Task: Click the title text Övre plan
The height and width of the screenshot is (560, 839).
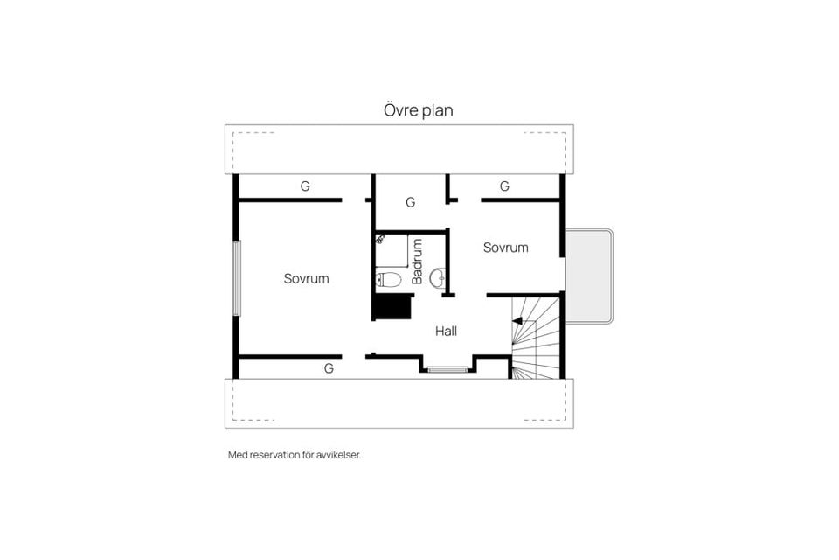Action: [x=418, y=111]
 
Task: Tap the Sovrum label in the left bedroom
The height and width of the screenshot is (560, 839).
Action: [x=306, y=279]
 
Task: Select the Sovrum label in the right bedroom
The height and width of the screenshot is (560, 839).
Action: [x=505, y=248]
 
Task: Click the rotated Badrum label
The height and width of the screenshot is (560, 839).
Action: [x=417, y=262]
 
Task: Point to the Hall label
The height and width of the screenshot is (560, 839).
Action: [x=446, y=332]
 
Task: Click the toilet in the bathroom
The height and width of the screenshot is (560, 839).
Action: [x=388, y=280]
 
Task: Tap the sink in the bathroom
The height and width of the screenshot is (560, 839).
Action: [x=438, y=279]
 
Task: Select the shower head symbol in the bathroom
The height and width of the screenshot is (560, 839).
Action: [x=380, y=239]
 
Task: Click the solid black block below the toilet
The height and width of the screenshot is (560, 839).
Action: [x=392, y=307]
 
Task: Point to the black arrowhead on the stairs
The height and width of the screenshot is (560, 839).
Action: [x=517, y=321]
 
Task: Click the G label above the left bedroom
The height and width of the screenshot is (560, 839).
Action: [x=305, y=186]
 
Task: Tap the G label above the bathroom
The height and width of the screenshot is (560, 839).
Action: [x=410, y=202]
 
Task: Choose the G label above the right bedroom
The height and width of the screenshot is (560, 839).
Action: [x=504, y=186]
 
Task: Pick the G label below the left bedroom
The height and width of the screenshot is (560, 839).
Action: [x=329, y=368]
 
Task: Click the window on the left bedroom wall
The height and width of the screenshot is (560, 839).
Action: [x=235, y=278]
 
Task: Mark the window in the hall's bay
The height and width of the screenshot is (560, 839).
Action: [x=447, y=370]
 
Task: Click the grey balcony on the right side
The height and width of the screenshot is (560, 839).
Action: [x=588, y=276]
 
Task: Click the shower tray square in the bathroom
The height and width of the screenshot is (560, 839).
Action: [x=392, y=250]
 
